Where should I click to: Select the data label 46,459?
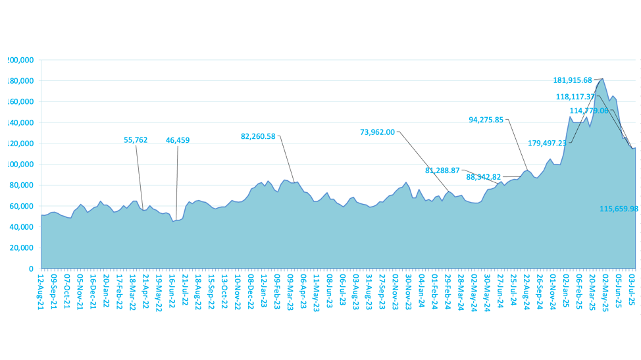pyautogui.click(x=178, y=140)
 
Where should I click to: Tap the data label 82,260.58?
pyautogui.click(x=258, y=136)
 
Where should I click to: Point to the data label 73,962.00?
pyautogui.click(x=378, y=132)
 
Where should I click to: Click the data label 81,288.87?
pyautogui.click(x=442, y=170)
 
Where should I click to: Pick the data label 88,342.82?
pyautogui.click(x=483, y=177)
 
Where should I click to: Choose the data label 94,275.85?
pyautogui.click(x=486, y=120)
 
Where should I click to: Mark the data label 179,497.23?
pyautogui.click(x=547, y=143)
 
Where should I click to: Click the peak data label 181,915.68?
pyautogui.click(x=573, y=80)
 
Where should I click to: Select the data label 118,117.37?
pyautogui.click(x=575, y=96)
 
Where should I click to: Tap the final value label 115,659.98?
pyautogui.click(x=619, y=209)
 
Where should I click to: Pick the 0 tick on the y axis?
pyautogui.click(x=30, y=269)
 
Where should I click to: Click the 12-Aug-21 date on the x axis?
pyautogui.click(x=41, y=290)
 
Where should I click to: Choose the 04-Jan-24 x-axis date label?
pyautogui.click(x=421, y=290)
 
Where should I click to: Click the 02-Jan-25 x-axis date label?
pyautogui.click(x=565, y=290)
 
